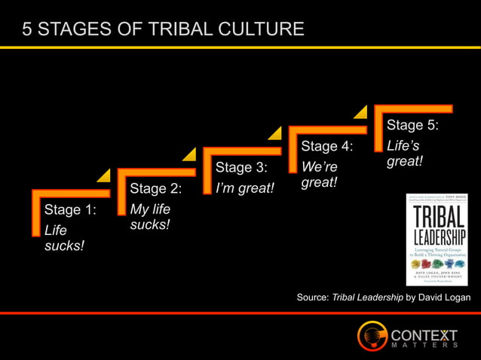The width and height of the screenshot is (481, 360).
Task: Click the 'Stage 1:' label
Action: pyautogui.click(x=70, y=209)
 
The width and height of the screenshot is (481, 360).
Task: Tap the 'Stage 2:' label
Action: pyautogui.click(x=155, y=188)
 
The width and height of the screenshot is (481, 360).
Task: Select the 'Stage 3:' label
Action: pyautogui.click(x=241, y=166)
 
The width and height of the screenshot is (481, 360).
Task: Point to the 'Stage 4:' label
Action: pyautogui.click(x=327, y=145)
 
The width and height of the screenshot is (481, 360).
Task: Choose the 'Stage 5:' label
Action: pyautogui.click(x=412, y=124)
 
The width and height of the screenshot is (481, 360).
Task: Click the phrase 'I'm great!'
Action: pyautogui.click(x=245, y=188)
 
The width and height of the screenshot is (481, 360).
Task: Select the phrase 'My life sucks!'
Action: pyautogui.click(x=150, y=217)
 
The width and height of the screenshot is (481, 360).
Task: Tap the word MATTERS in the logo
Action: pyautogui.click(x=424, y=346)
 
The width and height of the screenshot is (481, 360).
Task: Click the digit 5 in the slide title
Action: pyautogui.click(x=27, y=29)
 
